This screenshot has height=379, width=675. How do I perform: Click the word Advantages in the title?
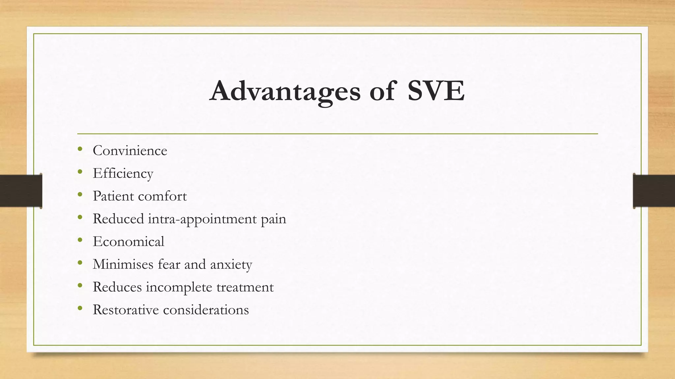pyautogui.click(x=285, y=91)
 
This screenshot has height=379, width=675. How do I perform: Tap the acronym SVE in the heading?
pyautogui.click(x=436, y=91)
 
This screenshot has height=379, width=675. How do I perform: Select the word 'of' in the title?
pyautogui.click(x=382, y=91)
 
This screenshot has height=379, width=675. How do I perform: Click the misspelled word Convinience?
pyautogui.click(x=130, y=151)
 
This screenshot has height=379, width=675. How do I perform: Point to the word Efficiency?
pyautogui.click(x=123, y=173)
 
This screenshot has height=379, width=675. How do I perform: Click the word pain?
pyautogui.click(x=274, y=219)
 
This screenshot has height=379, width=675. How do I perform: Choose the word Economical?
pyautogui.click(x=129, y=241)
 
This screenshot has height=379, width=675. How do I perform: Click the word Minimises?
pyautogui.click(x=123, y=264)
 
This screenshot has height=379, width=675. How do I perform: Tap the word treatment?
pyautogui.click(x=245, y=287)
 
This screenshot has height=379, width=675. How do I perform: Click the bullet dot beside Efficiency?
pyautogui.click(x=80, y=172)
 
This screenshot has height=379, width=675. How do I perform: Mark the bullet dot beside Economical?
pyautogui.click(x=80, y=240)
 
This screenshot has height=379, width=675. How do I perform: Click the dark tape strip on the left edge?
pyautogui.click(x=21, y=191)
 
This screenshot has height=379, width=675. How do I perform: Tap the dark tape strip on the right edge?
pyautogui.click(x=654, y=191)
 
